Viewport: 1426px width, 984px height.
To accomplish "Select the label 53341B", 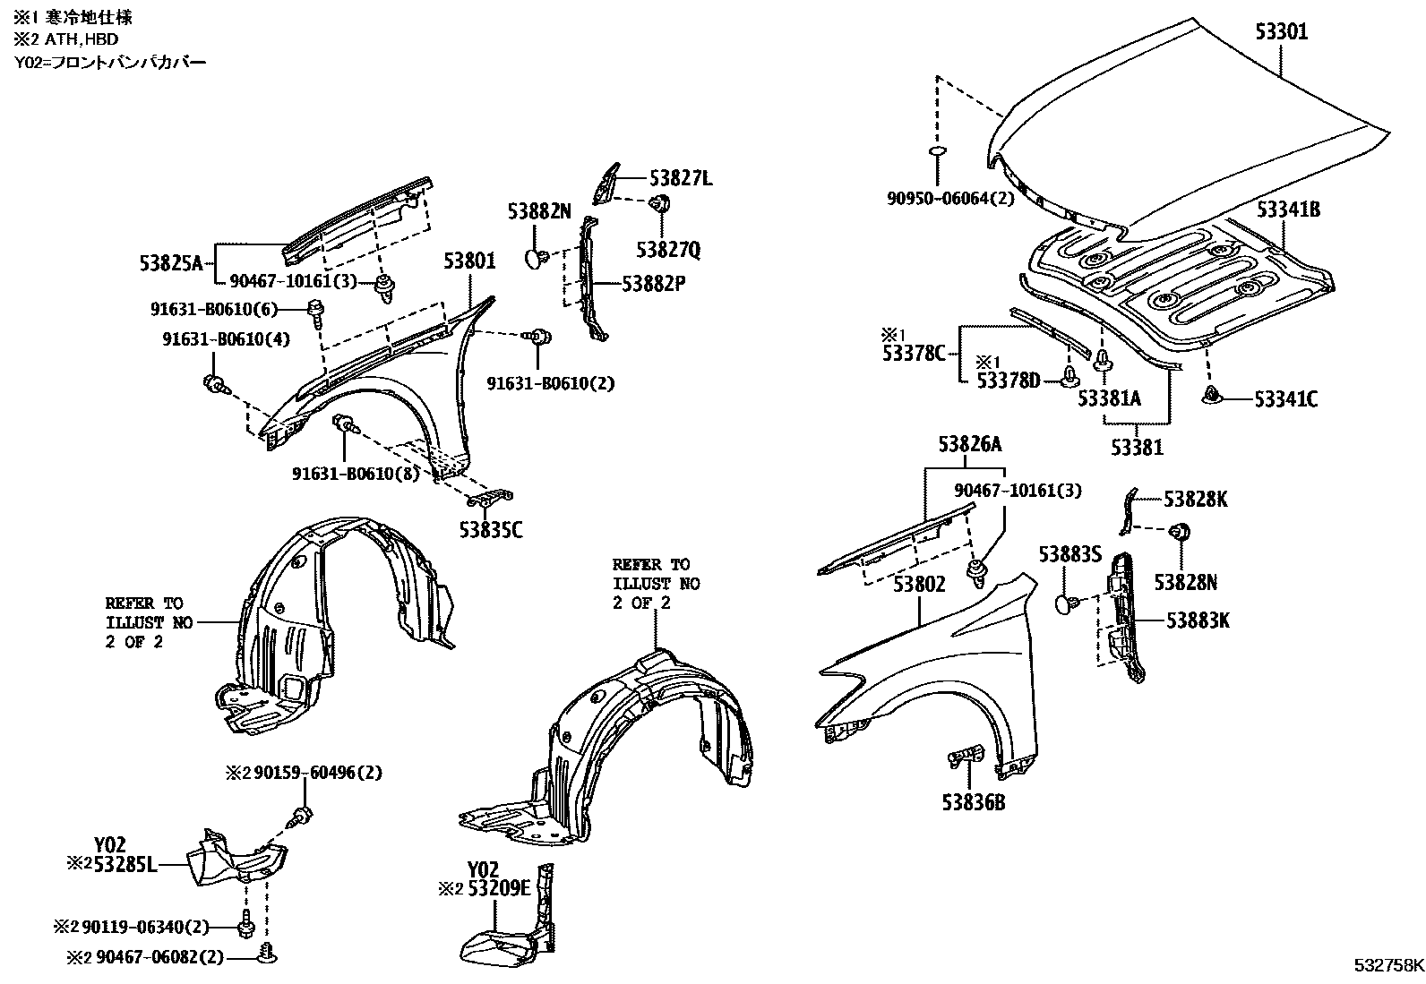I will (1288, 210).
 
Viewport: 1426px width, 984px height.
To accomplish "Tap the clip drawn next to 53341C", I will (1211, 395).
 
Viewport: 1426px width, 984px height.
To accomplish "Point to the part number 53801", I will (468, 261).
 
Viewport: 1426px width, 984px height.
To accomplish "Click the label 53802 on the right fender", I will (918, 585).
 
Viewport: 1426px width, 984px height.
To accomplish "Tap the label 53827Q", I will (668, 249).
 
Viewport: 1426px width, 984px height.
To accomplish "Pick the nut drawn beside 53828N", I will (1180, 533).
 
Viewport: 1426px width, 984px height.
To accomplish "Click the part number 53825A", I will (172, 263).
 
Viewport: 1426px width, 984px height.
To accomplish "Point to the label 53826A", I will (970, 444).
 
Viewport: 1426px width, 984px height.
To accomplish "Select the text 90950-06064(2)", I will (951, 199).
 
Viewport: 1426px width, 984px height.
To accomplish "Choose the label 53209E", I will (495, 889).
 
